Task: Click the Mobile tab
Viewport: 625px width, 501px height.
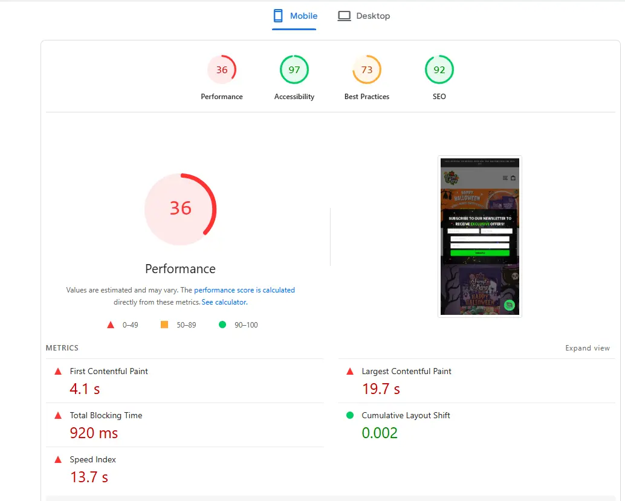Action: click(295, 16)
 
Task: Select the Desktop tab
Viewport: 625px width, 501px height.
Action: click(364, 16)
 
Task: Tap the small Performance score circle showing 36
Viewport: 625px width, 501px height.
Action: click(222, 70)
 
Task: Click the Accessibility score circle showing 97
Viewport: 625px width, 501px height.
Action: click(294, 70)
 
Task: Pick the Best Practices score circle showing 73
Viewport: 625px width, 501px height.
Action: click(367, 70)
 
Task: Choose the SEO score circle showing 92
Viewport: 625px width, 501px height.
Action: click(439, 70)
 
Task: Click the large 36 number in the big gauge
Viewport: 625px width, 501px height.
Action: click(180, 208)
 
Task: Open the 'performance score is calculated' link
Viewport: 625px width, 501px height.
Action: click(244, 290)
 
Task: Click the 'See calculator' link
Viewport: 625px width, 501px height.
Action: click(224, 302)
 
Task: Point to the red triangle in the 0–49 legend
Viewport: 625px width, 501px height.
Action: click(111, 325)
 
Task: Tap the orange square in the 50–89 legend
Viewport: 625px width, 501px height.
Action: click(164, 325)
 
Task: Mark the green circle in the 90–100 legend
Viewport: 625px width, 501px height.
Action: click(222, 325)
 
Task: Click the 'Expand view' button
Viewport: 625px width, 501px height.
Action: click(588, 348)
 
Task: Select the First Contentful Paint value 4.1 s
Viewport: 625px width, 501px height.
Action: click(85, 389)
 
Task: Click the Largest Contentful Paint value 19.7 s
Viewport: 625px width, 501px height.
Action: click(381, 389)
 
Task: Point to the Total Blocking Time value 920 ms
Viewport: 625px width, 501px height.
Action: click(94, 433)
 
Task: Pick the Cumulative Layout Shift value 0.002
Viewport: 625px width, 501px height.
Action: click(380, 433)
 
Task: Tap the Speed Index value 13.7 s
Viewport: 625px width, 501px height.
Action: click(89, 477)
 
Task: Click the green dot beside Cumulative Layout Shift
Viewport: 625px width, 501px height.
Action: click(350, 415)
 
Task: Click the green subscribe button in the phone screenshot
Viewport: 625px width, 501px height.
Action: click(479, 253)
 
